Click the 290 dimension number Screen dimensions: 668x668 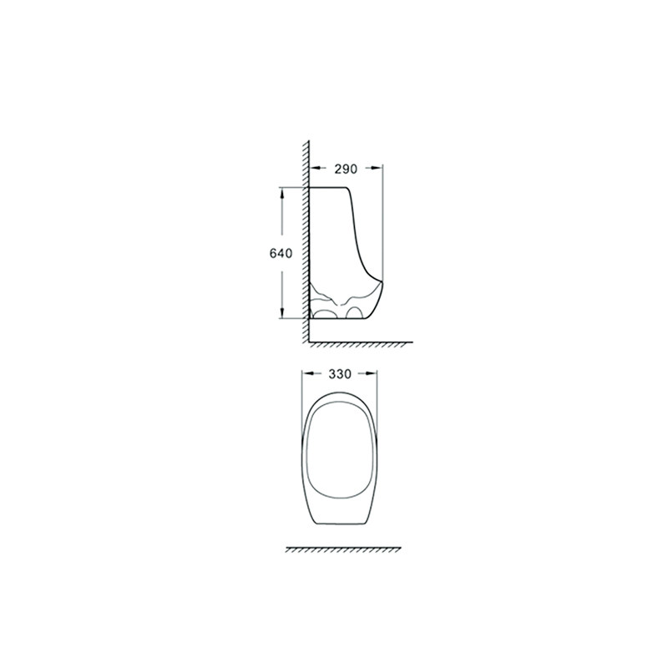click(x=346, y=170)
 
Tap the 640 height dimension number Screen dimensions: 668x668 click(x=281, y=254)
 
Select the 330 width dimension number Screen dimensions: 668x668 click(x=340, y=374)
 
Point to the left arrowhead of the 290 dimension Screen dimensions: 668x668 click(x=315, y=169)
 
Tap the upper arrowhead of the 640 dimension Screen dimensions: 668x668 click(x=281, y=193)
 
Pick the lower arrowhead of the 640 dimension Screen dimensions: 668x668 click(x=281, y=312)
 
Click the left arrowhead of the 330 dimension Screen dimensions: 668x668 click(x=307, y=373)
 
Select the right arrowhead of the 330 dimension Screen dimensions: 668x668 click(x=372, y=373)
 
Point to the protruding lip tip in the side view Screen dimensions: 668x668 click(x=382, y=281)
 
